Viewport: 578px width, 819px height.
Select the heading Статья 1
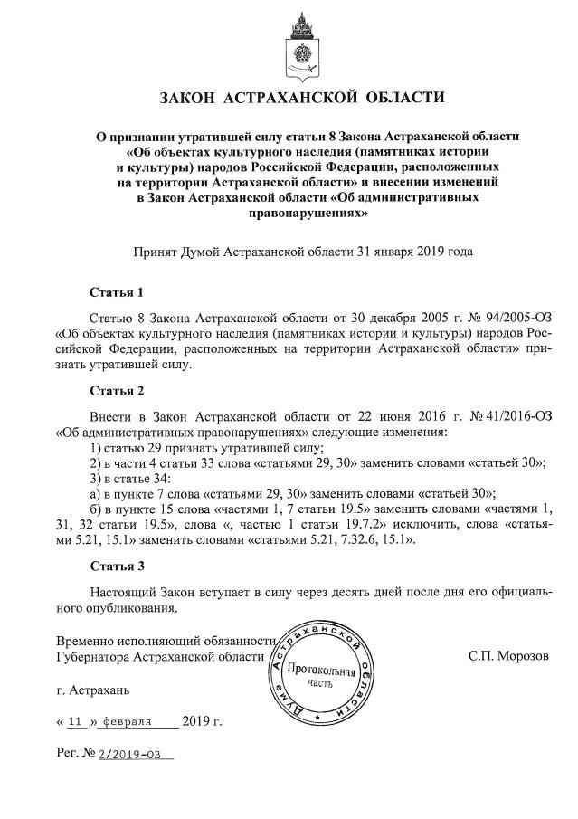click(117, 293)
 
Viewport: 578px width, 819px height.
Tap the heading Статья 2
click(117, 392)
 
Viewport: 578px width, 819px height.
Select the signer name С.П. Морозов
click(507, 654)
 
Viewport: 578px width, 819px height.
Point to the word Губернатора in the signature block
click(92, 655)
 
